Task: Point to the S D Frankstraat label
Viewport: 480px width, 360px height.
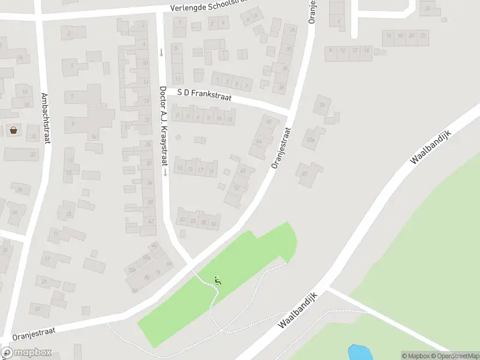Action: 205,95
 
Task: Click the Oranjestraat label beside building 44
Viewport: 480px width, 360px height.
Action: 281,147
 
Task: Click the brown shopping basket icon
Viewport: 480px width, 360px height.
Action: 13,130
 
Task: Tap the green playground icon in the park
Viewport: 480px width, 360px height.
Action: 218,280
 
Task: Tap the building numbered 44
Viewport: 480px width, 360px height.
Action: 259,142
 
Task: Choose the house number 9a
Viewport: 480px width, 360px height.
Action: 95,136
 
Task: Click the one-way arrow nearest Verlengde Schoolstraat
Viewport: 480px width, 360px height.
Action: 161,52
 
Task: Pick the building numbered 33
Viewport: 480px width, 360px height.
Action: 322,105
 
